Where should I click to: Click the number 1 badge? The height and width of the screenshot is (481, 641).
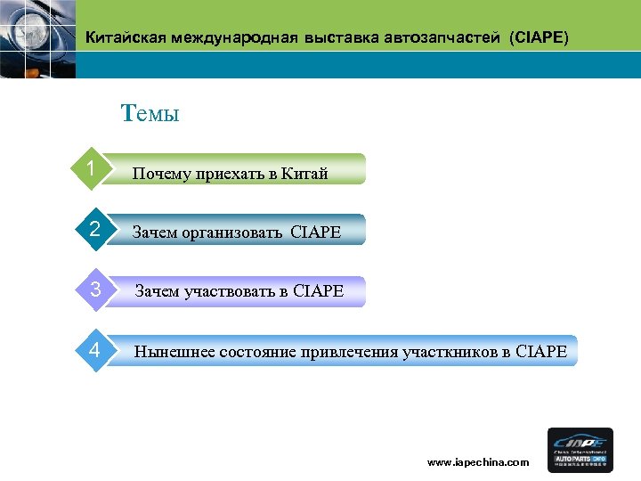click(92, 168)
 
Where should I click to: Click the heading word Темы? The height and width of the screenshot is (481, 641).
click(150, 113)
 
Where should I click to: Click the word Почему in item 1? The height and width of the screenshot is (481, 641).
click(161, 174)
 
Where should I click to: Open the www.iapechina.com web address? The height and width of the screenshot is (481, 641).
click(478, 462)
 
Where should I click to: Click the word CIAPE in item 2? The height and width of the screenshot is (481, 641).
click(315, 233)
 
